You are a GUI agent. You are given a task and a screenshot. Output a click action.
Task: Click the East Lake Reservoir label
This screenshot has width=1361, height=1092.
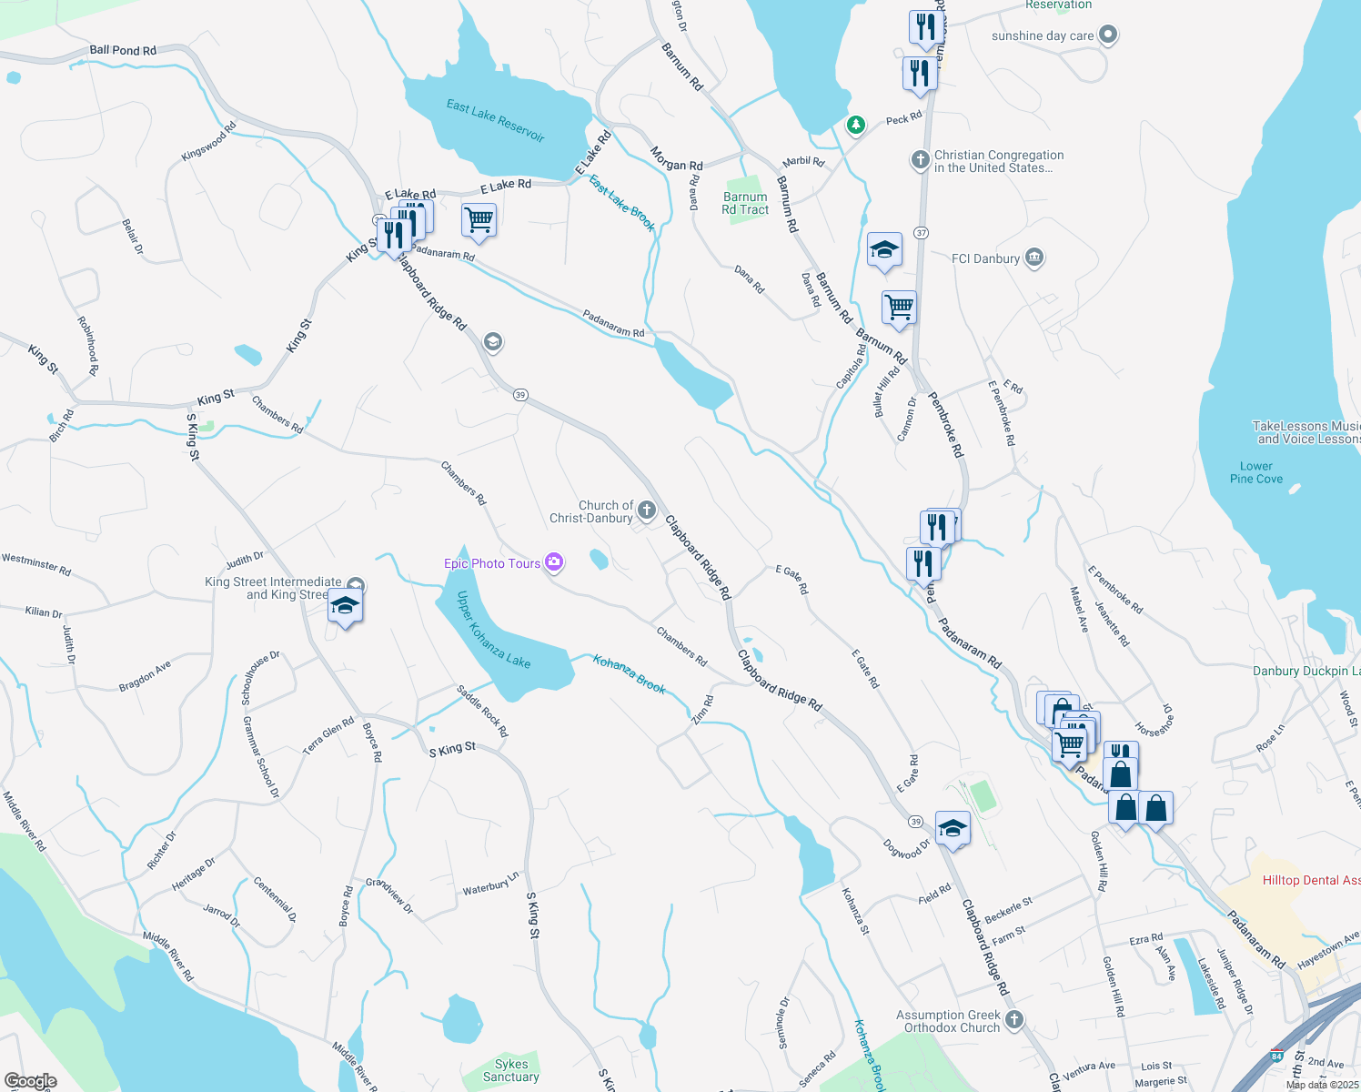coord(495,121)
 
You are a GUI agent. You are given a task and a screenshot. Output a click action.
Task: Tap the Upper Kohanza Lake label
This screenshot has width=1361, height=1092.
coord(493,630)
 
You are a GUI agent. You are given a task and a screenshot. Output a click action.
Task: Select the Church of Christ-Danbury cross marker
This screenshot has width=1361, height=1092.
coord(647,510)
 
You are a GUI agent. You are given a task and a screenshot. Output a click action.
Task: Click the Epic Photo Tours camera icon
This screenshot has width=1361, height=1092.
coord(554,562)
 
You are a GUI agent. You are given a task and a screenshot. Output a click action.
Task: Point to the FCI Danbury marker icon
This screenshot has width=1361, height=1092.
coord(1033,258)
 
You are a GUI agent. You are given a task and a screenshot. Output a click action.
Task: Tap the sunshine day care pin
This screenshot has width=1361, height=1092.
coord(1107,35)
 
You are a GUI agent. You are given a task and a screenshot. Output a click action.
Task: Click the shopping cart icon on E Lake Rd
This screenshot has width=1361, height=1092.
coord(479,219)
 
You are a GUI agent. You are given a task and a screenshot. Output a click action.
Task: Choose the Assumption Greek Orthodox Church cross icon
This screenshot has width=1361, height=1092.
coord(1014,1019)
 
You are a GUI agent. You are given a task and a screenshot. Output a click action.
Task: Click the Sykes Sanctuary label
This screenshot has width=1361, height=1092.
coord(511,1070)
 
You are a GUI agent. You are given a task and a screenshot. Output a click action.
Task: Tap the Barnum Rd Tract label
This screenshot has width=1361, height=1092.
coord(745,203)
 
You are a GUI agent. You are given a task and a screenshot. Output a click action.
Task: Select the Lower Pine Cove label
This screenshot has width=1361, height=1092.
coord(1256,472)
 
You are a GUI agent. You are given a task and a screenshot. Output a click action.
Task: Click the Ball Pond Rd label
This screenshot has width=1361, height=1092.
coord(123,51)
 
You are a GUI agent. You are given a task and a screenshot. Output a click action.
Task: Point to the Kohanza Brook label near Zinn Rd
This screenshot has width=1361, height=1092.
coord(630,673)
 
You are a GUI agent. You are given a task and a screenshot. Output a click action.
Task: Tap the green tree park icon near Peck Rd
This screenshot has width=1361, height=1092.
coord(855,124)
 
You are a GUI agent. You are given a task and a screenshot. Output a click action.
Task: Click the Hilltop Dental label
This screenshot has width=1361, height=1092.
coord(1311,880)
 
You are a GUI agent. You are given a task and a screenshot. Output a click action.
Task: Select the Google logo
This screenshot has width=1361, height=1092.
coord(30,1081)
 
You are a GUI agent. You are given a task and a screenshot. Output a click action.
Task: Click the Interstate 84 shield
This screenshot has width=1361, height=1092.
coord(1277,1057)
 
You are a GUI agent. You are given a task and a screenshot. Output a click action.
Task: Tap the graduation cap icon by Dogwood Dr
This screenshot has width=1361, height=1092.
coord(953,828)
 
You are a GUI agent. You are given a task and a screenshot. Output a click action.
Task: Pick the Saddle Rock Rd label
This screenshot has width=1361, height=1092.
coord(482,711)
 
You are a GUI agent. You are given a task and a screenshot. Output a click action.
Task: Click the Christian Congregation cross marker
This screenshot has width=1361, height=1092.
coord(920,160)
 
